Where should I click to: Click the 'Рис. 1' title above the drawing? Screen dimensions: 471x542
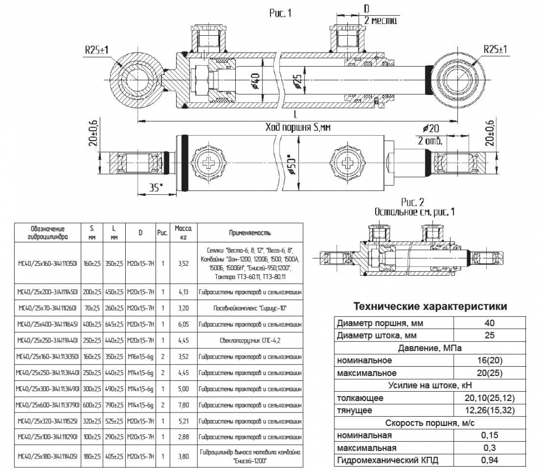[280, 12]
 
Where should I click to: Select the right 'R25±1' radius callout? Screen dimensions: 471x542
[495, 50]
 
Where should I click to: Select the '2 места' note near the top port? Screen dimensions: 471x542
[380, 21]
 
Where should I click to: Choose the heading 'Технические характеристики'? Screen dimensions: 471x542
[430, 307]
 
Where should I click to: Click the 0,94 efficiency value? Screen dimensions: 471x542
[489, 461]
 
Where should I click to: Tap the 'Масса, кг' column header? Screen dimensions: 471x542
[181, 233]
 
